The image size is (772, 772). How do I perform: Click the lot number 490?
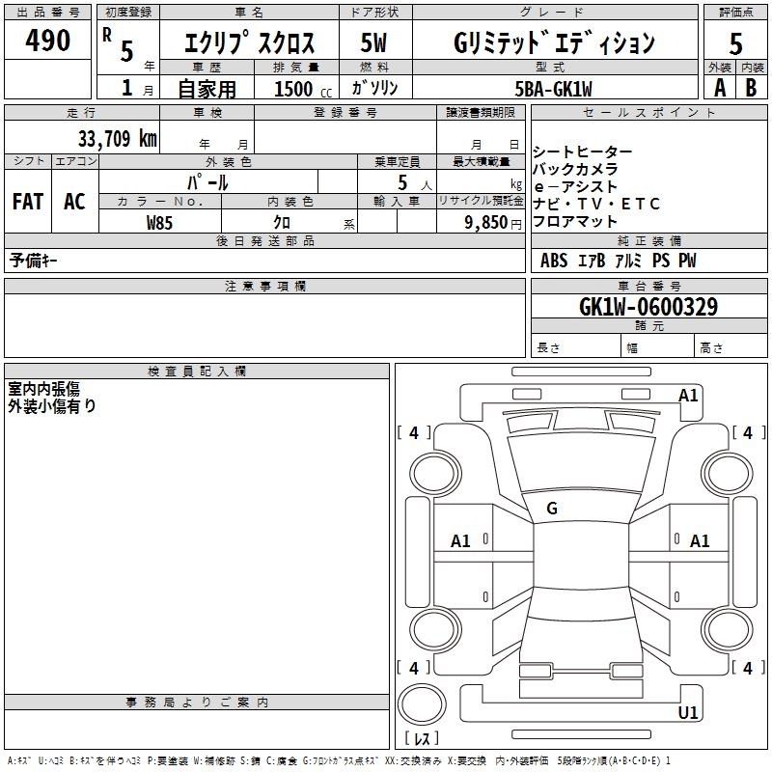tap(47, 40)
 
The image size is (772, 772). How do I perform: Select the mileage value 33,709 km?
tap(118, 138)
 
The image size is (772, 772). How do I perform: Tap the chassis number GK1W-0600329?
tap(648, 306)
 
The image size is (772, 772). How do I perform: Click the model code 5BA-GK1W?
tap(553, 89)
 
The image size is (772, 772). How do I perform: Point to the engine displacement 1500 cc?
tap(303, 89)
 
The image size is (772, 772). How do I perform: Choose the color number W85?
tap(159, 223)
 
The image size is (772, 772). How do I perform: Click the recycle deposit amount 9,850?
tap(486, 222)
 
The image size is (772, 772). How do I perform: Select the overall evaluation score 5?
tap(735, 43)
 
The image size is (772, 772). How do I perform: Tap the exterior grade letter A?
tap(720, 88)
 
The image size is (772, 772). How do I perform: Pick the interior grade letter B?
tap(751, 88)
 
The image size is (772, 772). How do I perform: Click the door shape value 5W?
tap(373, 42)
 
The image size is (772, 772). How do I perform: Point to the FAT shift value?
tap(28, 201)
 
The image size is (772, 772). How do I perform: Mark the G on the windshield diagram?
tap(552, 509)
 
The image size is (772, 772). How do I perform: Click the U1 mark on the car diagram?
tap(688, 712)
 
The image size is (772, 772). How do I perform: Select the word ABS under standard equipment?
tap(554, 261)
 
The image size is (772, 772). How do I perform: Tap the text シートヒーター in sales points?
tap(583, 152)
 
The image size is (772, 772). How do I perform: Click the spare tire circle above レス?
tap(422, 703)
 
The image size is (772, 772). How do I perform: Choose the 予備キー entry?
tap(33, 261)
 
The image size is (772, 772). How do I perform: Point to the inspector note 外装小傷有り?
tap(52, 406)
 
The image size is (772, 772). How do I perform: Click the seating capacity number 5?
tap(402, 182)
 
